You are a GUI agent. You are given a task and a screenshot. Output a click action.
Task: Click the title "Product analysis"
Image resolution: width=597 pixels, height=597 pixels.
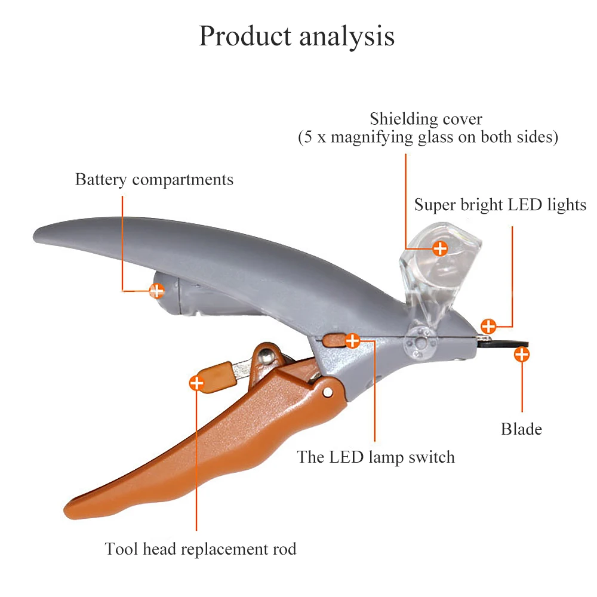(x=297, y=36)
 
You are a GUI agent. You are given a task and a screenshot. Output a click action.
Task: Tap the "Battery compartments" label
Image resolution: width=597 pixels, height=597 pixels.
(x=154, y=180)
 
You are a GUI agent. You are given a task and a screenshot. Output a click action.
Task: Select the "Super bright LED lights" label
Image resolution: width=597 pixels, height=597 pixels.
(x=500, y=205)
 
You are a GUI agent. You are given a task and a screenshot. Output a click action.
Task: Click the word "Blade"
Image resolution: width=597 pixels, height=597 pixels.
(x=521, y=429)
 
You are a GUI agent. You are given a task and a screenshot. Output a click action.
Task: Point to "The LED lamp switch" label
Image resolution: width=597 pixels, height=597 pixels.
(x=376, y=458)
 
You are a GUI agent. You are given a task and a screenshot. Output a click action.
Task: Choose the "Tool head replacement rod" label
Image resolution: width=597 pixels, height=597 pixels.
(x=201, y=549)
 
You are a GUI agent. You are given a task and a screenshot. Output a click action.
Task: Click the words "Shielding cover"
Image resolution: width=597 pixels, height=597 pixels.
(x=426, y=119)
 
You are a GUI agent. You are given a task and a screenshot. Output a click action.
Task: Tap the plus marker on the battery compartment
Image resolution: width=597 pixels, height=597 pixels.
(x=156, y=291)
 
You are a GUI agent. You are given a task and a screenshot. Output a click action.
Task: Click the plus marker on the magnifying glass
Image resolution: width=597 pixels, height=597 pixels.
(x=440, y=248)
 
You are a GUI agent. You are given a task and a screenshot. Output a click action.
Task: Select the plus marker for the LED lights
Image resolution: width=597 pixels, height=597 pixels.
(x=488, y=326)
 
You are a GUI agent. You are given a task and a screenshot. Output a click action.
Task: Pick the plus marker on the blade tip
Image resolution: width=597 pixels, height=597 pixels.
(x=522, y=355)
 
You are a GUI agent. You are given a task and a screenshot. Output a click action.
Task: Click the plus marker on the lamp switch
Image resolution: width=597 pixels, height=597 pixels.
(x=353, y=341)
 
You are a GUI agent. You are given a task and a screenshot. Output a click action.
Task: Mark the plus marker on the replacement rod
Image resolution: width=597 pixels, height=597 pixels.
(x=196, y=383)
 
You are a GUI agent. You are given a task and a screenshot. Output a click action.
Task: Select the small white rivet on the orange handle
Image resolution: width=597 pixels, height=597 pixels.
(x=327, y=393)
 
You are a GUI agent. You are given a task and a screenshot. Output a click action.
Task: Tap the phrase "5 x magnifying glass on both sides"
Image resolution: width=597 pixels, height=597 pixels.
(x=428, y=138)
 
